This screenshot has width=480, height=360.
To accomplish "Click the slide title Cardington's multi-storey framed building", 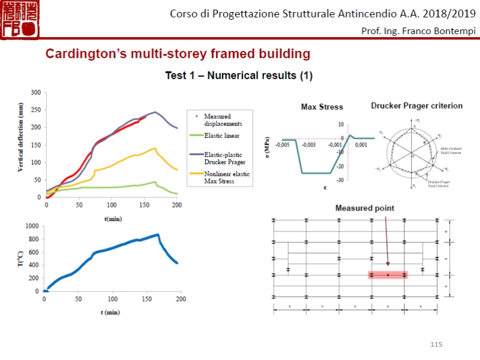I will click(x=178, y=54).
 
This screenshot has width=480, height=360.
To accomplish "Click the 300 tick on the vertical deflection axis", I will click(x=35, y=92).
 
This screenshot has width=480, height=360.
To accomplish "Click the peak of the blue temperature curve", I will click(x=157, y=235).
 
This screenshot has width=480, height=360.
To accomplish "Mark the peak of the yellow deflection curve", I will click(x=155, y=148).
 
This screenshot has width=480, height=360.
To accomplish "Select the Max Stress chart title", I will click(x=322, y=107).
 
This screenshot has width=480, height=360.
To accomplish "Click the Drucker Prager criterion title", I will click(x=416, y=106).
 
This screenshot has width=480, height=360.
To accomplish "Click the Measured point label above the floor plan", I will click(x=364, y=208).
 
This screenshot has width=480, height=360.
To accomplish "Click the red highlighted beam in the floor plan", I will click(x=388, y=275).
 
